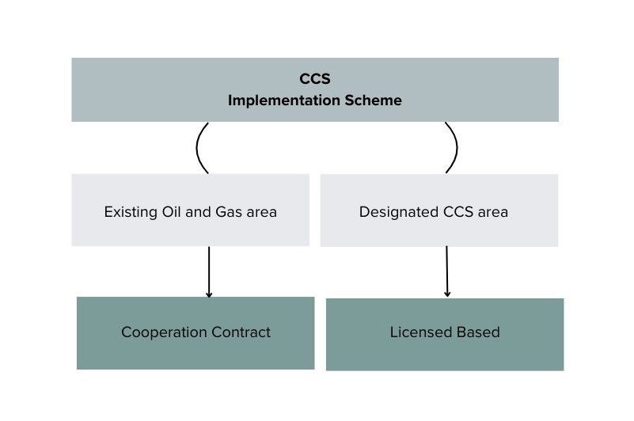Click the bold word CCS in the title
click(x=314, y=79)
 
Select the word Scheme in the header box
click(x=374, y=101)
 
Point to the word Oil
click(x=172, y=211)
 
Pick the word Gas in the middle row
click(x=229, y=212)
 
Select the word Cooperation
click(x=164, y=332)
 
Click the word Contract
click(x=241, y=332)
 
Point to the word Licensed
click(x=420, y=332)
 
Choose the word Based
click(x=478, y=332)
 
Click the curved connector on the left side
click(x=196, y=148)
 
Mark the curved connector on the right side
click(x=457, y=147)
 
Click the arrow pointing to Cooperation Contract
click(x=209, y=271)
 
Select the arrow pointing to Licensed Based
click(x=446, y=271)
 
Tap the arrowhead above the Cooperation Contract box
click(x=209, y=295)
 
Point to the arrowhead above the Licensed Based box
click(x=447, y=294)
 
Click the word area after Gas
click(x=262, y=213)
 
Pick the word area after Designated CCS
click(x=493, y=213)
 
